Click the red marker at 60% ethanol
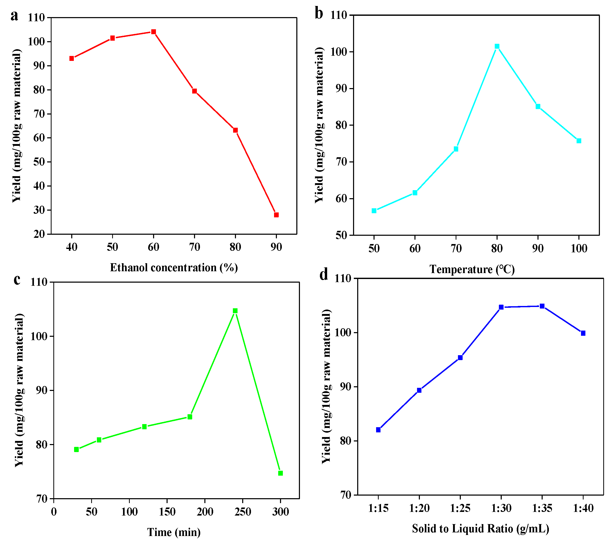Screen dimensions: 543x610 [x=153, y=32]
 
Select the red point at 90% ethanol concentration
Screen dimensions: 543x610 [x=276, y=215]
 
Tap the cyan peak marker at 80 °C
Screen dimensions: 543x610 [x=497, y=46]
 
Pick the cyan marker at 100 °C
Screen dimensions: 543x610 [x=579, y=141]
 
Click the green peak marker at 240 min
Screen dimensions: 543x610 [x=235, y=311]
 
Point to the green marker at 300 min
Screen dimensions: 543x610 [x=281, y=473]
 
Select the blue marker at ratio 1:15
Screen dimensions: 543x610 [x=378, y=430]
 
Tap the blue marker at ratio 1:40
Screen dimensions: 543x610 [x=583, y=333]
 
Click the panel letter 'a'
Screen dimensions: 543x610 [x=14, y=16]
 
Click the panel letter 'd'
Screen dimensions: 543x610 [x=324, y=274]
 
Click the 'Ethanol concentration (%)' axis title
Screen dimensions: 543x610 [x=174, y=267]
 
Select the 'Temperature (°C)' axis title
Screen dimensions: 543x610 [x=472, y=269]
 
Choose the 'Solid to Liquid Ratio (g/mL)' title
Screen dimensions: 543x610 [x=480, y=528]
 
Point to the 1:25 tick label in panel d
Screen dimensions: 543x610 [x=460, y=508]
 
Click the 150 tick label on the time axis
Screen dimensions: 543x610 [x=167, y=512]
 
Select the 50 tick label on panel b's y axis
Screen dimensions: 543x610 [x=341, y=235]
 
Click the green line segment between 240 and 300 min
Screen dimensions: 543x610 [x=258, y=392]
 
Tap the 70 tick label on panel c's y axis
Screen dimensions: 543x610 [x=42, y=499]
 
